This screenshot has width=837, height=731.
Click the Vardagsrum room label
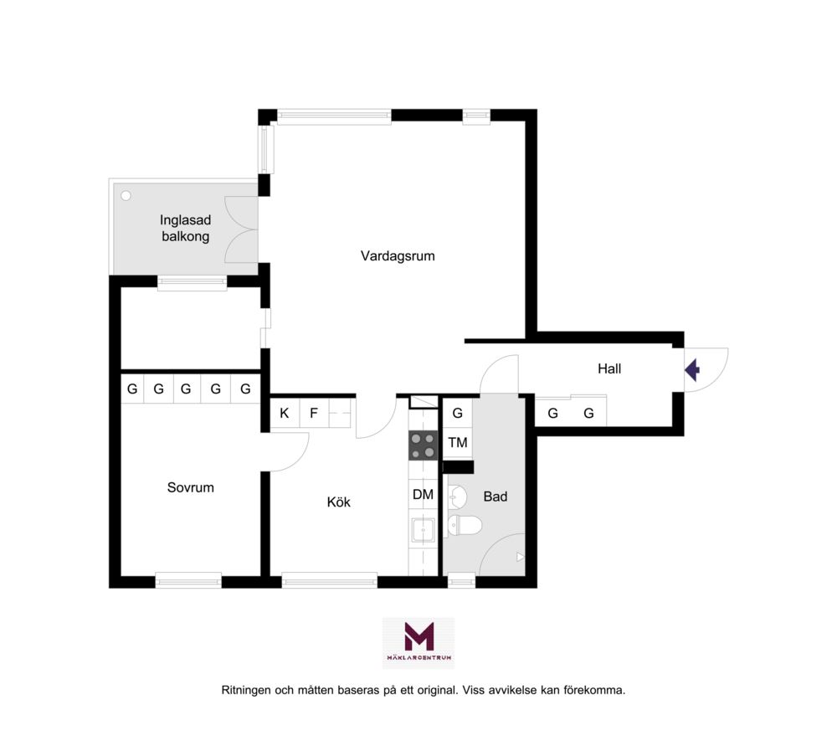point(398,256)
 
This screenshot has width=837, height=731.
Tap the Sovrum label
point(191,487)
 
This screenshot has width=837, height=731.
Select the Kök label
point(338,502)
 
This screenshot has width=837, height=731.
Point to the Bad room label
point(495,497)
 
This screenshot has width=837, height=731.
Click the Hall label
point(609,368)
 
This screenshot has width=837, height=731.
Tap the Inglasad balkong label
point(185,228)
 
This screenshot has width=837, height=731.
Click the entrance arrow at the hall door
point(692,369)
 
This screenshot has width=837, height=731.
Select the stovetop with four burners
point(423,445)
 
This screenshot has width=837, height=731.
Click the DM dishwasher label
point(423,495)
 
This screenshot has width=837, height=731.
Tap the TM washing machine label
point(458,443)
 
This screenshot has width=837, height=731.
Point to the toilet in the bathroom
point(464,525)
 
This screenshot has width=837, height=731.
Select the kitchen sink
point(423,532)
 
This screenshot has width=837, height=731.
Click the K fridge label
point(285,413)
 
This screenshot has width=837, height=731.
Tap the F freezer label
point(314,413)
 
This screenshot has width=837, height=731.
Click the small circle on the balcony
point(126,196)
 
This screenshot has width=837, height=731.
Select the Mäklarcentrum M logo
point(419,643)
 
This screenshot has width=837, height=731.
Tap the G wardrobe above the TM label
point(458,413)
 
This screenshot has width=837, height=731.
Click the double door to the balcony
point(241,229)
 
